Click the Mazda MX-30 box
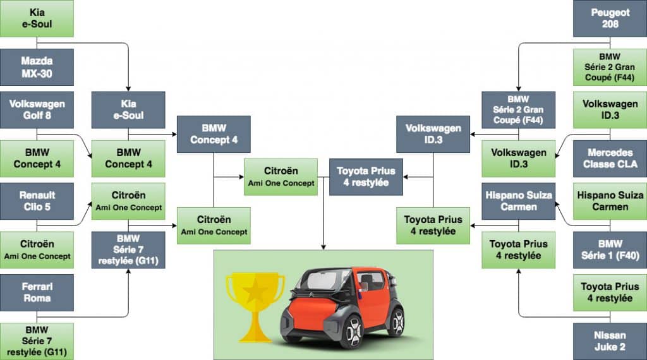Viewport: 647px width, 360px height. (37, 68)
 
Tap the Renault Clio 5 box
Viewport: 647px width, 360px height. (37, 201)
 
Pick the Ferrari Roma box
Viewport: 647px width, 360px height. (37, 292)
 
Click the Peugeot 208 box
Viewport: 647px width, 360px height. (610, 18)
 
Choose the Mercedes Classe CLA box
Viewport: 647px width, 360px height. (610, 159)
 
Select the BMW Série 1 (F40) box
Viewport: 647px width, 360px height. (610, 249)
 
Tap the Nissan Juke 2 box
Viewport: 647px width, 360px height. (610, 341)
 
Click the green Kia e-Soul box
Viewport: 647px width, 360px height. (37, 18)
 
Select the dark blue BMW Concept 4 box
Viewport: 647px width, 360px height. (214, 134)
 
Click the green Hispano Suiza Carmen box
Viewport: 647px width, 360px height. (610, 201)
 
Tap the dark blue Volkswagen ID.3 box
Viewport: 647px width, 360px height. (433, 134)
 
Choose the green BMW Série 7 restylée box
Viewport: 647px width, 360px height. (37, 341)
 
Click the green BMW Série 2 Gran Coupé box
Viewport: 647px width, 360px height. (610, 68)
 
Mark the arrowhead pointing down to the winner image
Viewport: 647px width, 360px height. (323, 247)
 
